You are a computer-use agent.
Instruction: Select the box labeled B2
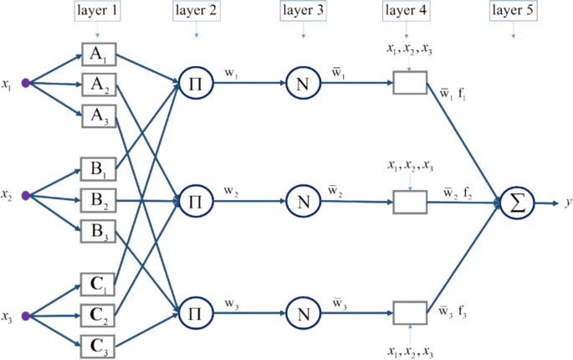pos(97,200)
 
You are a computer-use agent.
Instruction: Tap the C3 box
pos(97,344)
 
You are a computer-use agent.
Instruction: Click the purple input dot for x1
pos(26,84)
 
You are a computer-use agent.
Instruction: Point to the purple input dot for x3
pos(26,316)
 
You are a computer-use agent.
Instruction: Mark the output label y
pos(567,203)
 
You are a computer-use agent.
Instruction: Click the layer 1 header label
pos(97,12)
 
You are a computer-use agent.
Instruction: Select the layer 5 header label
pos(512,12)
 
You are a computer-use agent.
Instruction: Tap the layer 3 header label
pos(303,12)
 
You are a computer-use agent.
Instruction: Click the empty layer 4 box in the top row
pos(410,83)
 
